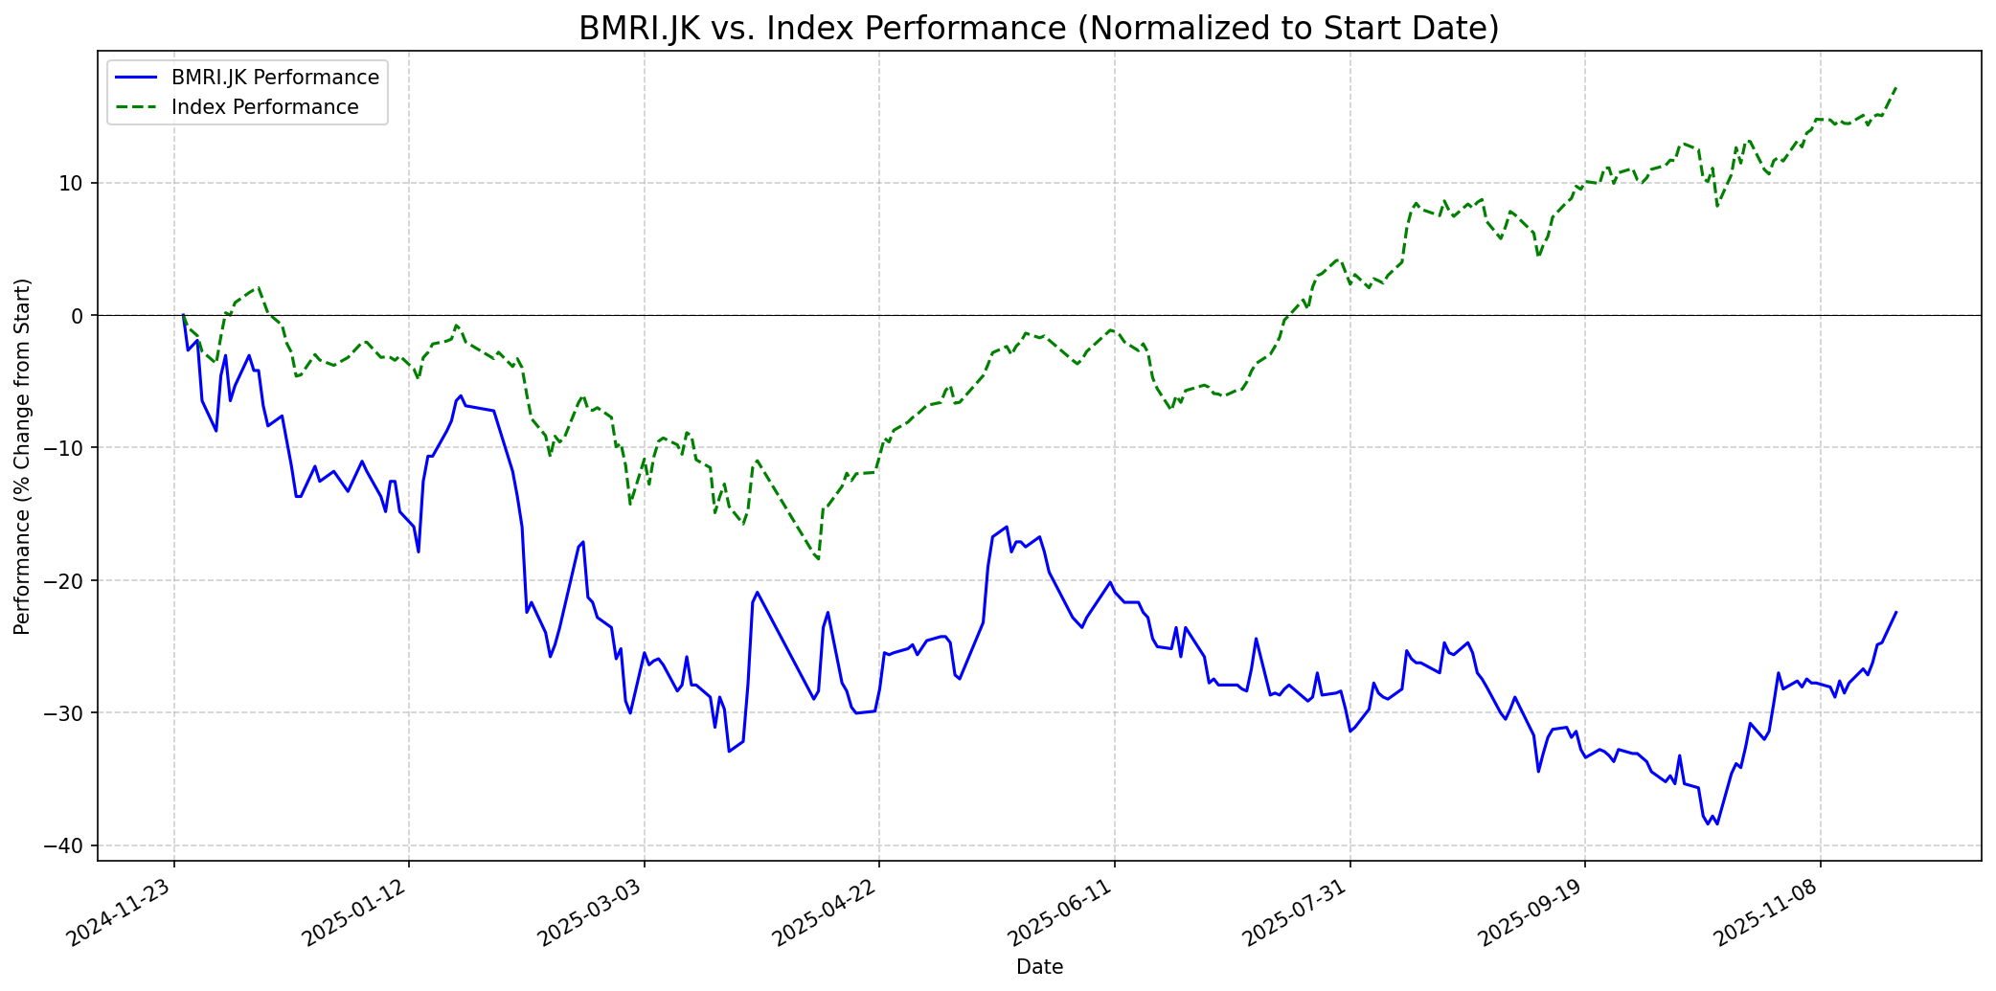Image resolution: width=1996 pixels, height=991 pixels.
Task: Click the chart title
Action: coord(1038,29)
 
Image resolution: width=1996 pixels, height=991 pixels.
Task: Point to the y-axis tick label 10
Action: coord(73,183)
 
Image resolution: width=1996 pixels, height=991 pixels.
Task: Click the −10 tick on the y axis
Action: coord(67,448)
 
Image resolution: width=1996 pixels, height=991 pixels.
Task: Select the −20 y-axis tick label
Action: coord(67,581)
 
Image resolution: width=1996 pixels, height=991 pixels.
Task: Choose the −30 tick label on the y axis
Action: coord(67,713)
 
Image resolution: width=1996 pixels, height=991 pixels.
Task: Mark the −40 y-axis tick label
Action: coord(67,846)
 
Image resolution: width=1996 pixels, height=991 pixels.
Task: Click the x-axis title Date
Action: coord(1039,967)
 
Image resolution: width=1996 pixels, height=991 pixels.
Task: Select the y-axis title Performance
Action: coord(23,456)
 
